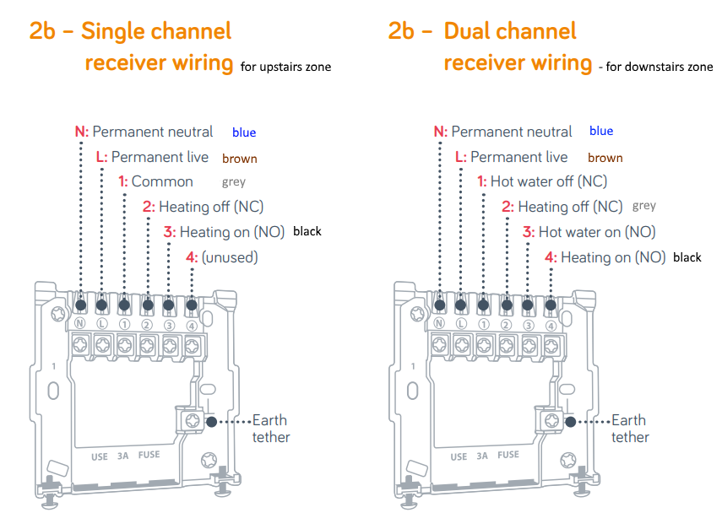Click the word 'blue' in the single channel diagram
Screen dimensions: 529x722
tap(244, 132)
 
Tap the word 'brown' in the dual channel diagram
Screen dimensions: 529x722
tap(605, 158)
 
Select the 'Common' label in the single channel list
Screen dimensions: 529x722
tap(162, 181)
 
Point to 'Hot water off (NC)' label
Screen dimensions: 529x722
tap(549, 181)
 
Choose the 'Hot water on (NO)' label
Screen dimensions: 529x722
tap(597, 232)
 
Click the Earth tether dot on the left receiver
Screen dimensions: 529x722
tap(210, 420)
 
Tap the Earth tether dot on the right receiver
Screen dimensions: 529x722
tap(569, 420)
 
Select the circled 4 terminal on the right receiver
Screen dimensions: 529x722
tap(551, 325)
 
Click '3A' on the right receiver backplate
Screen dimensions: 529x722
tap(482, 456)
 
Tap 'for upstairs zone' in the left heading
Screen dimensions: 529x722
tap(285, 67)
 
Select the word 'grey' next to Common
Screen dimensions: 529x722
tap(234, 182)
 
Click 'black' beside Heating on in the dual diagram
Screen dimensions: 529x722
tap(687, 257)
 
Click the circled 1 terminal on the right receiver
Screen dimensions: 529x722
tap(483, 325)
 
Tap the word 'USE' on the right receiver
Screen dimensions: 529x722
tap(459, 456)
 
